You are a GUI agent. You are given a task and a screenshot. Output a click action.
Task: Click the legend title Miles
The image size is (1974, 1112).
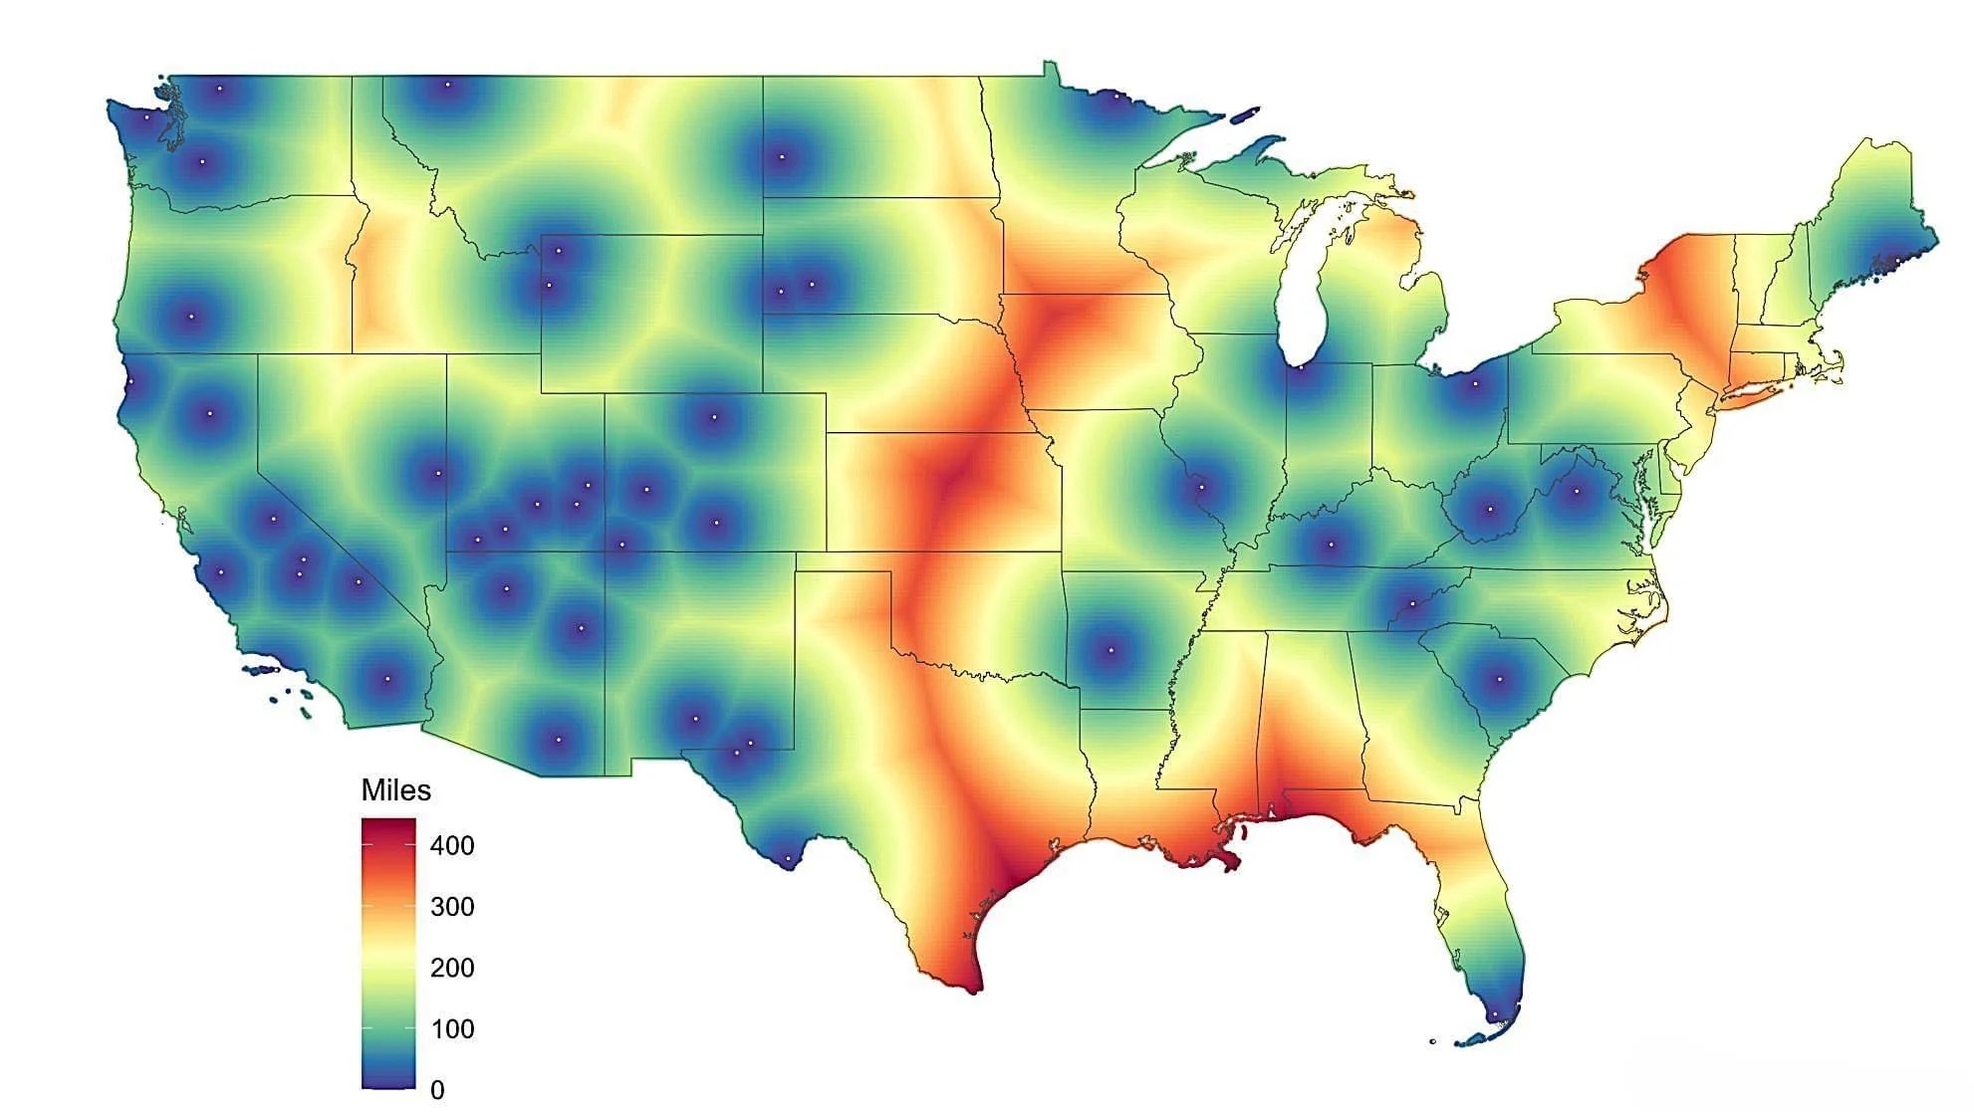pyautogui.click(x=395, y=790)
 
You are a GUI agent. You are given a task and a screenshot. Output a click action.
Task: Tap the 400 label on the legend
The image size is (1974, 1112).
pyautogui.click(x=452, y=846)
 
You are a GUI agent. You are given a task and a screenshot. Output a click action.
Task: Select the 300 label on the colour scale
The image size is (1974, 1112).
pyautogui.click(x=452, y=907)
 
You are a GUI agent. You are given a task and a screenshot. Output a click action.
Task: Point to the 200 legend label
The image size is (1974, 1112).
pyautogui.click(x=452, y=968)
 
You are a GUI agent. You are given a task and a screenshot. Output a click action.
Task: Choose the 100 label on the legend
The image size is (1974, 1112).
pyautogui.click(x=452, y=1028)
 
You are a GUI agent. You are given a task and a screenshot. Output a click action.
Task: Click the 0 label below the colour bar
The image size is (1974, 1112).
pyautogui.click(x=437, y=1090)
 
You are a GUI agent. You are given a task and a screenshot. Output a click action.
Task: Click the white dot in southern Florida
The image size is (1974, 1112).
pyautogui.click(x=1494, y=1016)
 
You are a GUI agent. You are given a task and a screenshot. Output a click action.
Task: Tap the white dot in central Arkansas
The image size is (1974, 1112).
pyautogui.click(x=1111, y=652)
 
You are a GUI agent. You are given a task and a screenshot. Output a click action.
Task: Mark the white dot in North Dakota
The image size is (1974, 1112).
pyautogui.click(x=782, y=157)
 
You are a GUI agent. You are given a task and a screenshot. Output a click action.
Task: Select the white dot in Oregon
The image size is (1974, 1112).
pyautogui.click(x=191, y=318)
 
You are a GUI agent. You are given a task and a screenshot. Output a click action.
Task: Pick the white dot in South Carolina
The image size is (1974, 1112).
pyautogui.click(x=1500, y=680)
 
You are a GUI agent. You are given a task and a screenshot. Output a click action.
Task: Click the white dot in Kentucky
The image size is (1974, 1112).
pyautogui.click(x=1331, y=545)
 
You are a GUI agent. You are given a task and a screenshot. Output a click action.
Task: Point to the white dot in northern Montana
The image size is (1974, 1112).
pyautogui.click(x=447, y=85)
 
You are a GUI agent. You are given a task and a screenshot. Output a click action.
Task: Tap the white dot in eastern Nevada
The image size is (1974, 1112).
pyautogui.click(x=437, y=474)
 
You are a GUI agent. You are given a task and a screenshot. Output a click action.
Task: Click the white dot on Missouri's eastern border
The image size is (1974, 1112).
pyautogui.click(x=1201, y=488)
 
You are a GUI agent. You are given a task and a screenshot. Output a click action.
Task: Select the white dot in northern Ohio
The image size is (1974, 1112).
pyautogui.click(x=1475, y=384)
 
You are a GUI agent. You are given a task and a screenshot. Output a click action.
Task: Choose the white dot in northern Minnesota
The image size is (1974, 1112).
pyautogui.click(x=1116, y=97)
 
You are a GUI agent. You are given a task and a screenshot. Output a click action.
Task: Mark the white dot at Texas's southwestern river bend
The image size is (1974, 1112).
pyautogui.click(x=788, y=858)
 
